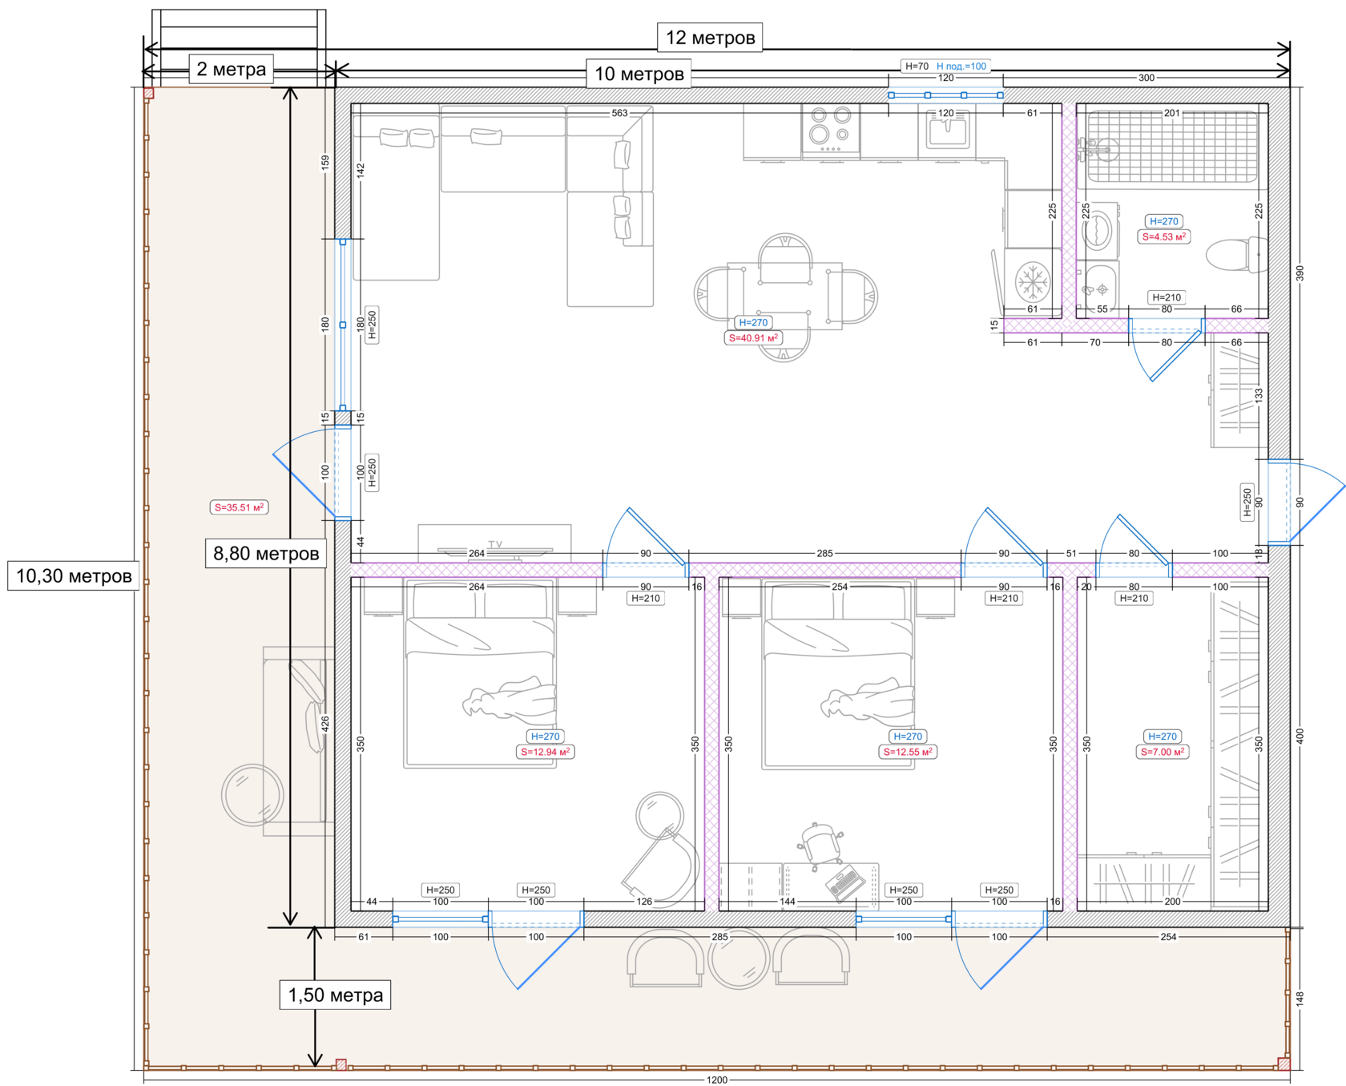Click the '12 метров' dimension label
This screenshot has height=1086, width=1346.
click(710, 38)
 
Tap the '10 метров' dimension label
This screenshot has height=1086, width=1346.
click(639, 75)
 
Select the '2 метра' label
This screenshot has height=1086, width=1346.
click(231, 69)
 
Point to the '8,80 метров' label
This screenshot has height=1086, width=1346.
click(266, 553)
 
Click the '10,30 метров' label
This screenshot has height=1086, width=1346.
click(74, 575)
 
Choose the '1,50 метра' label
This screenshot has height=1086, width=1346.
click(335, 995)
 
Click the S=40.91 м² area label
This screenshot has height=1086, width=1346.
click(753, 338)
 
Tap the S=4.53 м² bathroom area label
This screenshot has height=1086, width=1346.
click(1164, 236)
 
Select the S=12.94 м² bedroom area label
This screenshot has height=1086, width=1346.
click(546, 752)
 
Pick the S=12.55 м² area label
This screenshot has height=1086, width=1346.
click(908, 752)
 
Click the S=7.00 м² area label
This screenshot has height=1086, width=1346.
click(1163, 752)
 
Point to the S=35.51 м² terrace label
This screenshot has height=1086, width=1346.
click(239, 507)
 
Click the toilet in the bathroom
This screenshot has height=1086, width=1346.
click(1235, 254)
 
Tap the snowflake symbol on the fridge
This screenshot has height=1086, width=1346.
click(1032, 281)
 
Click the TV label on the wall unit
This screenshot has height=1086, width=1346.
click(495, 544)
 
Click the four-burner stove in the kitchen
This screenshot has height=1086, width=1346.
click(831, 128)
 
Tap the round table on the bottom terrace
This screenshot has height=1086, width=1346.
click(739, 958)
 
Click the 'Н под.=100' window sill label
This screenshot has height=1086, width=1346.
click(961, 67)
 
